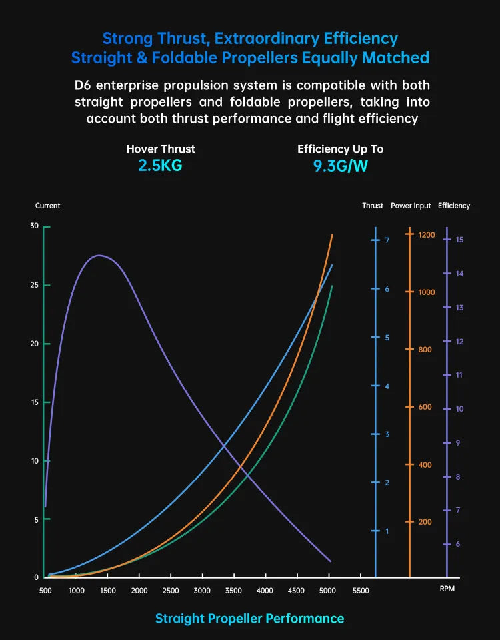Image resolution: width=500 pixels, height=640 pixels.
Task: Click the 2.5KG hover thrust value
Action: pos(160,166)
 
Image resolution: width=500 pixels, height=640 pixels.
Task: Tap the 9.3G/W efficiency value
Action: pos(340,166)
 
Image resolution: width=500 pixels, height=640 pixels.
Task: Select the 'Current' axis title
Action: pos(47,206)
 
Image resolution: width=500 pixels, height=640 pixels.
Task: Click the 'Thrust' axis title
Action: pos(373,206)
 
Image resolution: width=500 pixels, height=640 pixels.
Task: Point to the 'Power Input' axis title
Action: pos(411,206)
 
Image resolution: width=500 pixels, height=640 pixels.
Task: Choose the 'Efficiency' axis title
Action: pos(454,206)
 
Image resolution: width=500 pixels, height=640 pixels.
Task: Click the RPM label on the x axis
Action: pos(447,590)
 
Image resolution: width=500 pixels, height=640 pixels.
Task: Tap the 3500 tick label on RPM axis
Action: pos(233,590)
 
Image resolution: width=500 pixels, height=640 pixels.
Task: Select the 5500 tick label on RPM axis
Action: pos(360,590)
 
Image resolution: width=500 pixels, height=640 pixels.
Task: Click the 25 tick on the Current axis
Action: pos(35,285)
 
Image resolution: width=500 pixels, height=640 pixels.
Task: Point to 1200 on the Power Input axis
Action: pos(427,235)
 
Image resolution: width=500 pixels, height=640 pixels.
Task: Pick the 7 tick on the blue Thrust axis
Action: pos(387,240)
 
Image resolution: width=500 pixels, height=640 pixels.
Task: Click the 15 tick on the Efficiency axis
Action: pos(459,240)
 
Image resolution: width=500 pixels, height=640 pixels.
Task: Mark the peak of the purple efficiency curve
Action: pos(99,255)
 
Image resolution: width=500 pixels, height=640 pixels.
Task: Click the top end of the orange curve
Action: pos(332,235)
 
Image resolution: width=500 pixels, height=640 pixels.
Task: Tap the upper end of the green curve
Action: pos(331,286)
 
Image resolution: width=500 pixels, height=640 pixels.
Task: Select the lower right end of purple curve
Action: pos(330,561)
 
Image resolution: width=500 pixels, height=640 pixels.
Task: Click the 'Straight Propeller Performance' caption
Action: pos(249,619)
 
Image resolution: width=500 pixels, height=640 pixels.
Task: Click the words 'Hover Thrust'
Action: pos(160,149)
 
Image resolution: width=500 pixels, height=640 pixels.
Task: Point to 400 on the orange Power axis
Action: pos(425,465)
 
